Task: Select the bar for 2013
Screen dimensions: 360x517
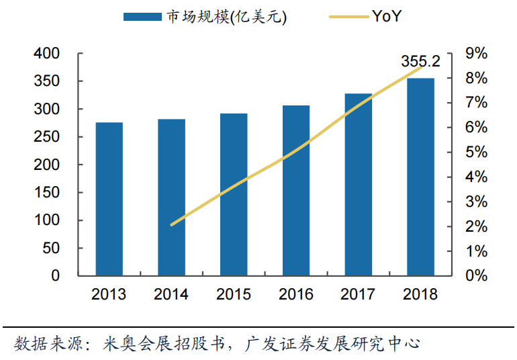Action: click(x=109, y=199)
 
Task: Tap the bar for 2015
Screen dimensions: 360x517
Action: click(x=234, y=194)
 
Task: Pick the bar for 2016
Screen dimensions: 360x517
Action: click(x=296, y=190)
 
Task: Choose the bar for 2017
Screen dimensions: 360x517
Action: click(x=359, y=184)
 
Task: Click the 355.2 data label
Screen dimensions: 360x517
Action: click(x=421, y=62)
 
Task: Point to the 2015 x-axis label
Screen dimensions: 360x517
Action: click(x=234, y=294)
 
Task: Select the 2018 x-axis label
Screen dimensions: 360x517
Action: click(x=421, y=294)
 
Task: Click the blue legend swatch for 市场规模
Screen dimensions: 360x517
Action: click(x=142, y=17)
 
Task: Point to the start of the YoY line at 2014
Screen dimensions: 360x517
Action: click(x=172, y=225)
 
